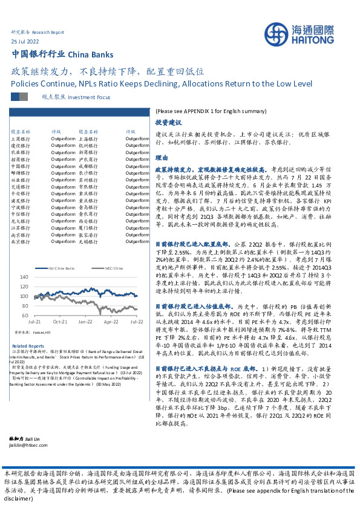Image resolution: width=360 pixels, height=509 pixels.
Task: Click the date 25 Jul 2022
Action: [x=25, y=40]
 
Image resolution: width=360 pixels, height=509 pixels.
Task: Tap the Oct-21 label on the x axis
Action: [x=60, y=323]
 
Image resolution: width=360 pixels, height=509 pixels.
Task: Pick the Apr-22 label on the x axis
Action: [x=111, y=323]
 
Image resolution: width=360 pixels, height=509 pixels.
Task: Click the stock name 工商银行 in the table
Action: [x=21, y=138]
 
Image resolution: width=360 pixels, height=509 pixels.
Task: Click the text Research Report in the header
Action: [x=47, y=31]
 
